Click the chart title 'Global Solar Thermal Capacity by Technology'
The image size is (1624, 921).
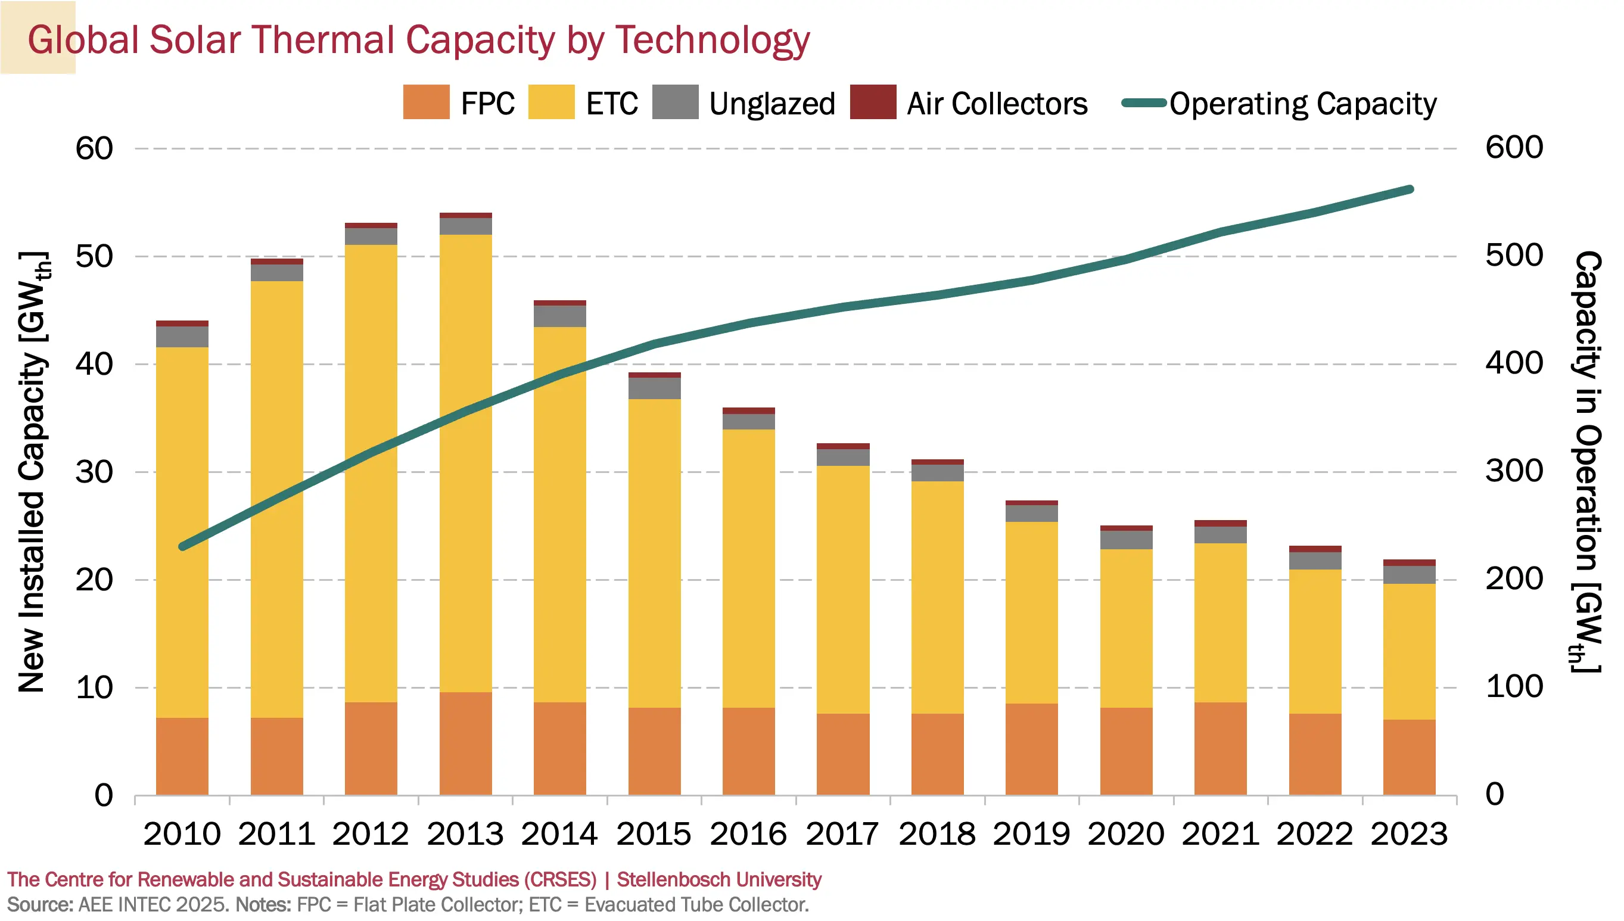pos(418,41)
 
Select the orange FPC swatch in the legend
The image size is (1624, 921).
pos(426,102)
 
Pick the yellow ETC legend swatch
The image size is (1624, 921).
pos(551,102)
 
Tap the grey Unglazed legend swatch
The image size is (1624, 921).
pos(675,102)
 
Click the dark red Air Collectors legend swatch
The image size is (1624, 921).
pos(873,102)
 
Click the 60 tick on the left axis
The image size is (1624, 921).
pos(94,149)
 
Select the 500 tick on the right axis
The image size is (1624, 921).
pos(1514,256)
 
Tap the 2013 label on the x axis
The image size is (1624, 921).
pos(465,833)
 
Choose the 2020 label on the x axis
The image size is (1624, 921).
pos(1126,833)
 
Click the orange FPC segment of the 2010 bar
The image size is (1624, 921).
pos(182,756)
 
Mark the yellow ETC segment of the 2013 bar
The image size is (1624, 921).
pos(465,463)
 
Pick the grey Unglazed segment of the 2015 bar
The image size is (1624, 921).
pos(655,388)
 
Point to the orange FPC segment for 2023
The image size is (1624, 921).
pos(1409,757)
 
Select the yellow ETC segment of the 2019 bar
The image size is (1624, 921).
pos(1031,612)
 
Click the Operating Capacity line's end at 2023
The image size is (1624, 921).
pos(1410,189)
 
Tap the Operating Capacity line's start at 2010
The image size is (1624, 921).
pos(183,546)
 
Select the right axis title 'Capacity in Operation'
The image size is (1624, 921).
pos(1587,462)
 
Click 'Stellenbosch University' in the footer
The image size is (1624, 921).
pos(719,880)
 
